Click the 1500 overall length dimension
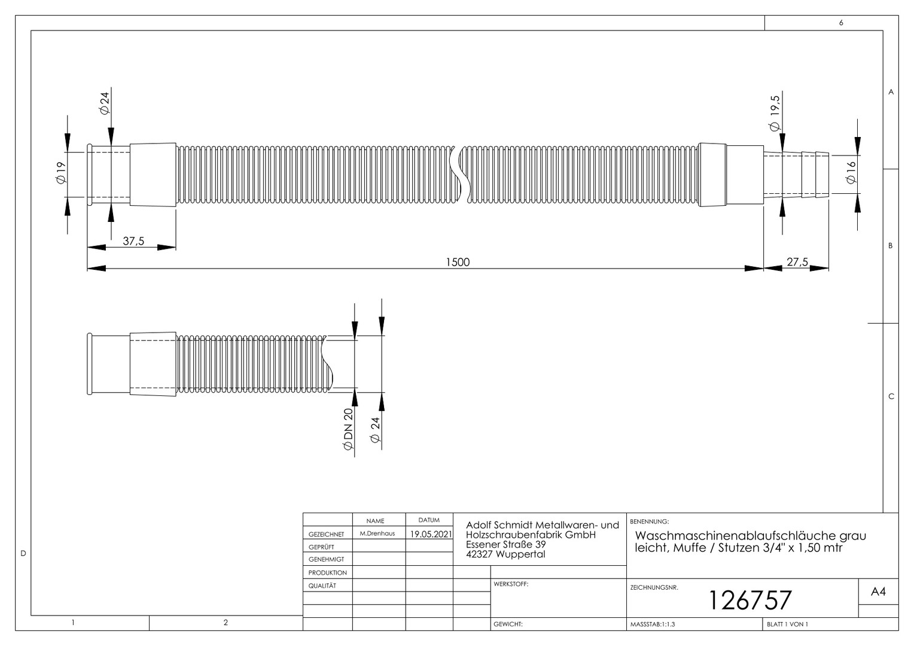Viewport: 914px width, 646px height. coord(458,262)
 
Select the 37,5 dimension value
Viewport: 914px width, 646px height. coord(133,241)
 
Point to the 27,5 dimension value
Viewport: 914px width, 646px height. coord(797,262)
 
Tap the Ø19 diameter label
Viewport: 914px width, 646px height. coord(61,173)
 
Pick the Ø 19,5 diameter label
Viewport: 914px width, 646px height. coord(775,114)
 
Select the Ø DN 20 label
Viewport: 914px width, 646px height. coord(348,429)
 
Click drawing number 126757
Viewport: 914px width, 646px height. coord(750,601)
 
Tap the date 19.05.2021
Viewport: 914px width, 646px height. coord(431,534)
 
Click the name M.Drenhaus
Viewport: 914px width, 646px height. coord(377,534)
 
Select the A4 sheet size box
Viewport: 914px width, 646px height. coord(878,592)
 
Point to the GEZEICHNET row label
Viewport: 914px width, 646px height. coord(326,534)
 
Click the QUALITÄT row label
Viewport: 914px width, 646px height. coord(322,586)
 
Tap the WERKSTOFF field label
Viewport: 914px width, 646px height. coord(511,584)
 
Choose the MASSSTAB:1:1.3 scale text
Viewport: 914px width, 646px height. coord(653,624)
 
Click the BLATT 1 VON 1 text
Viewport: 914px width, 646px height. coord(787,624)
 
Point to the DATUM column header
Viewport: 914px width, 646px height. coord(429,520)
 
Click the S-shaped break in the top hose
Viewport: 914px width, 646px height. coord(460,174)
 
